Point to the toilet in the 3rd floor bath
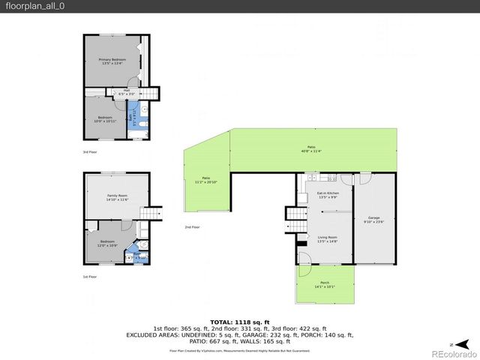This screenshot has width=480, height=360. (144, 124)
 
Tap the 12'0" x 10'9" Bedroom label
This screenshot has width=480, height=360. (107, 244)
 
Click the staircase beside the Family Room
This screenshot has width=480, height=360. (154, 214)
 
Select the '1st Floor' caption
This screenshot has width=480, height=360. (90, 276)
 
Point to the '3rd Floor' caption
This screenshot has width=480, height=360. (90, 152)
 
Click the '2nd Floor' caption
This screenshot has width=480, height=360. (192, 226)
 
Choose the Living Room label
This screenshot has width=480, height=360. (327, 238)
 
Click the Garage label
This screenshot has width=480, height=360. (373, 219)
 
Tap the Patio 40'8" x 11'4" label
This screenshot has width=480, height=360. (310, 148)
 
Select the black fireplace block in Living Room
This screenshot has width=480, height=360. (302, 241)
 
